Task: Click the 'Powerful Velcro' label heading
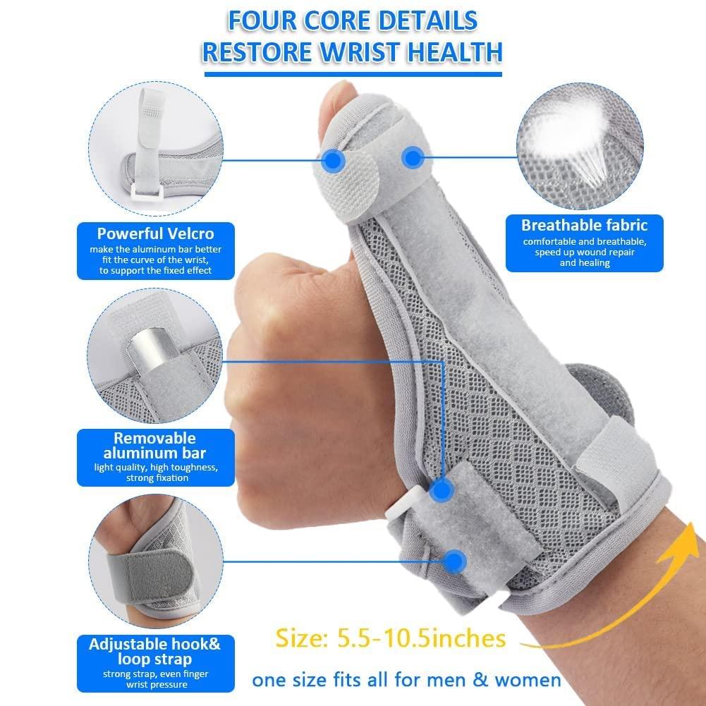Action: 155,233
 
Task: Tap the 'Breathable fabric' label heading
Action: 584,226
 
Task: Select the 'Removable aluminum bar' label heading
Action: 155,445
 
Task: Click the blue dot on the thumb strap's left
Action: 331,161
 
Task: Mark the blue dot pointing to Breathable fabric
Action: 413,157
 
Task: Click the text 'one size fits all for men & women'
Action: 406,680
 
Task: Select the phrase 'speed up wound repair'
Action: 584,252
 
